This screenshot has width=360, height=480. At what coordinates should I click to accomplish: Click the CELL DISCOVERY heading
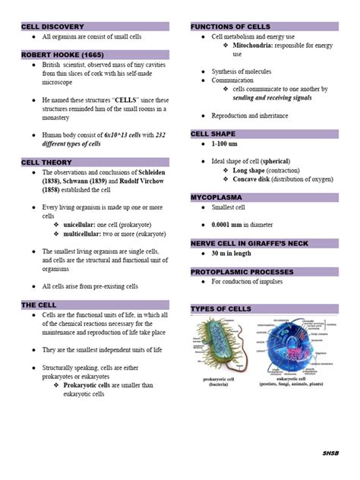(x=52, y=27)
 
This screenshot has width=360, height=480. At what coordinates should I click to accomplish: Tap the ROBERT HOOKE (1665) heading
(x=58, y=55)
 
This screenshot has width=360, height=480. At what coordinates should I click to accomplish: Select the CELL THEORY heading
(x=47, y=163)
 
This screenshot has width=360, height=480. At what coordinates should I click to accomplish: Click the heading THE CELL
(x=40, y=305)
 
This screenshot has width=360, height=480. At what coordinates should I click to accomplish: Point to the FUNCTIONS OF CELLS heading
(x=230, y=27)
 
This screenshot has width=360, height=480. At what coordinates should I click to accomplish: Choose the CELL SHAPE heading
(x=214, y=134)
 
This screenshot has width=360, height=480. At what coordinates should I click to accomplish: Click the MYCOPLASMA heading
(x=216, y=197)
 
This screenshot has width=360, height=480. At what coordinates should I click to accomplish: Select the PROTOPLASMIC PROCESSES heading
(x=242, y=271)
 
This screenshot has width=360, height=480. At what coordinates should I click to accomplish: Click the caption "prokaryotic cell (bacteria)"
(x=219, y=381)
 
